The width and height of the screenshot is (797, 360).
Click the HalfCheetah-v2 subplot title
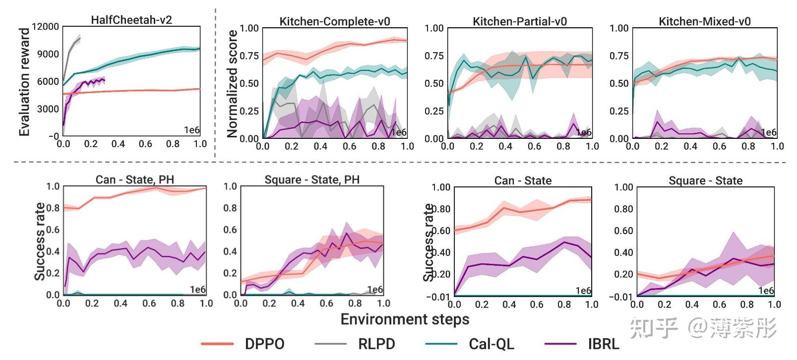click(131, 20)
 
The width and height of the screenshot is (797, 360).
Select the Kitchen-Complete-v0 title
click(335, 21)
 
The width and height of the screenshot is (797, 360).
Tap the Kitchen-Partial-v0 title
click(519, 21)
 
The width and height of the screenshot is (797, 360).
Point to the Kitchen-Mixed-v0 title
click(704, 21)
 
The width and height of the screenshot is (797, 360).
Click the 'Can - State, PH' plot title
click(134, 180)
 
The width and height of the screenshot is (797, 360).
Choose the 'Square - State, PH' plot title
click(312, 180)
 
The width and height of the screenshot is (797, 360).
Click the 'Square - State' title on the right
click(705, 180)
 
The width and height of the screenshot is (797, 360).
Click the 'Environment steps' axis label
click(405, 319)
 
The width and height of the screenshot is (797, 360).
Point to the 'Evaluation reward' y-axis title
click(24, 82)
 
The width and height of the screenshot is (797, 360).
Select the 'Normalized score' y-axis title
click(232, 83)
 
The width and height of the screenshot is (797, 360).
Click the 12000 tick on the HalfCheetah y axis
click(45, 26)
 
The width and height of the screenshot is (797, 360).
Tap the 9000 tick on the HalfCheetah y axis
click(48, 54)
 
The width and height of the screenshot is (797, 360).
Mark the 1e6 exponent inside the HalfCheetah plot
click(191, 130)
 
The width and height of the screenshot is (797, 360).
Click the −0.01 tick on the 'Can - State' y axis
click(438, 297)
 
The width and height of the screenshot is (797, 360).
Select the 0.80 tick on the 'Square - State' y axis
click(623, 209)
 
